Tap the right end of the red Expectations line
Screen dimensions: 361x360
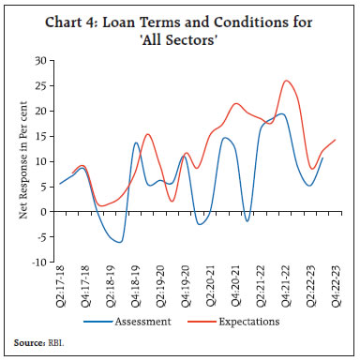(x=335, y=140)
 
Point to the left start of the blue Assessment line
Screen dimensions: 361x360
(x=60, y=183)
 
